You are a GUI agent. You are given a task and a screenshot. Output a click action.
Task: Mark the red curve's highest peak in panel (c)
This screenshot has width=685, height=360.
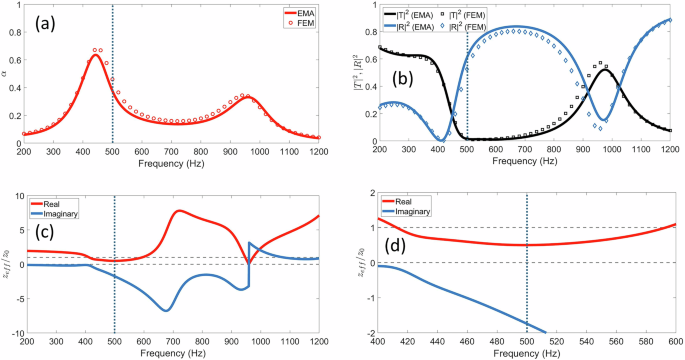(178, 211)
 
